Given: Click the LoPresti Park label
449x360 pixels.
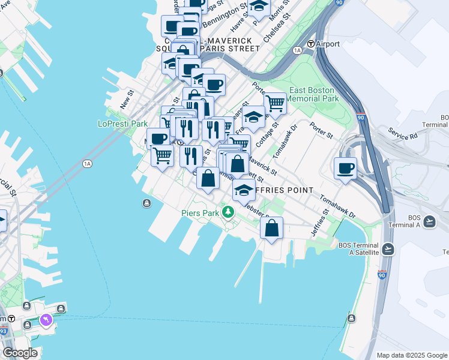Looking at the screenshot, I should tap(122, 124).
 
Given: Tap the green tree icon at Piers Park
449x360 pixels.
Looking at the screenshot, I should tap(228, 212).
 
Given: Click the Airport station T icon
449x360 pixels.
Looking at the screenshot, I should tap(311, 44).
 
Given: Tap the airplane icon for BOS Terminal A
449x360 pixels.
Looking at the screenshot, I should tap(429, 222).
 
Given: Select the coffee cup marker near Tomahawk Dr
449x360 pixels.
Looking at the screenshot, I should tap(345, 168).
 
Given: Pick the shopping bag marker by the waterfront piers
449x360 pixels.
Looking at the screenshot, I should tap(271, 228).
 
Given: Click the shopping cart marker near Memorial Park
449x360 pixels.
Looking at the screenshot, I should tap(274, 103).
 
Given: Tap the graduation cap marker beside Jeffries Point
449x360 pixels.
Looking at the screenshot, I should tap(244, 190).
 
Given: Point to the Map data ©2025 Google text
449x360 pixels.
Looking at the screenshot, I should tap(411, 355).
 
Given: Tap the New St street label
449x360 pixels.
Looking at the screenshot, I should tap(126, 98).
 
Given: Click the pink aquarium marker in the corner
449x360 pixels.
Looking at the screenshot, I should tap(46, 322).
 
